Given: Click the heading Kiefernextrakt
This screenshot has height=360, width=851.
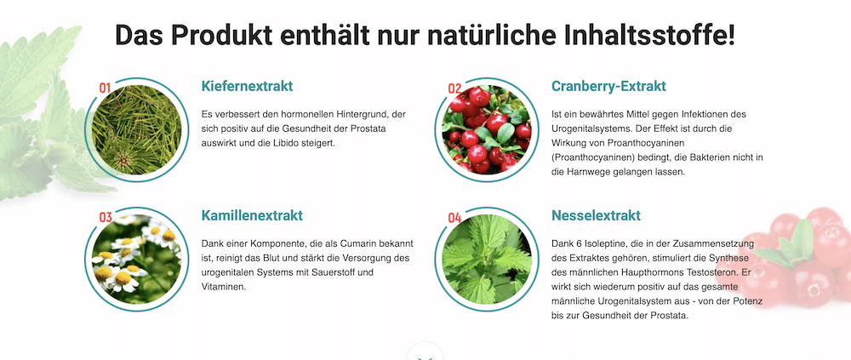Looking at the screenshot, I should [x=247, y=86].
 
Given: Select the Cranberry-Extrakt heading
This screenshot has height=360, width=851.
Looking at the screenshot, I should [x=608, y=86].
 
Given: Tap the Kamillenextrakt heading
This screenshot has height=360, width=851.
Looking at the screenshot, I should [x=252, y=215].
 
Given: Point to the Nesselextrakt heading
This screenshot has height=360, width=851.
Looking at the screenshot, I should [x=596, y=215].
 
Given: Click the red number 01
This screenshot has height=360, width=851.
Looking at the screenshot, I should [x=106, y=88].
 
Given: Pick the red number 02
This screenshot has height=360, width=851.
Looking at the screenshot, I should [x=454, y=89].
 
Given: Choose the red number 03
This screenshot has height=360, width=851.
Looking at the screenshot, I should [x=106, y=217].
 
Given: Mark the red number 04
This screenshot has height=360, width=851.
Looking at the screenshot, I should [x=454, y=217].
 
